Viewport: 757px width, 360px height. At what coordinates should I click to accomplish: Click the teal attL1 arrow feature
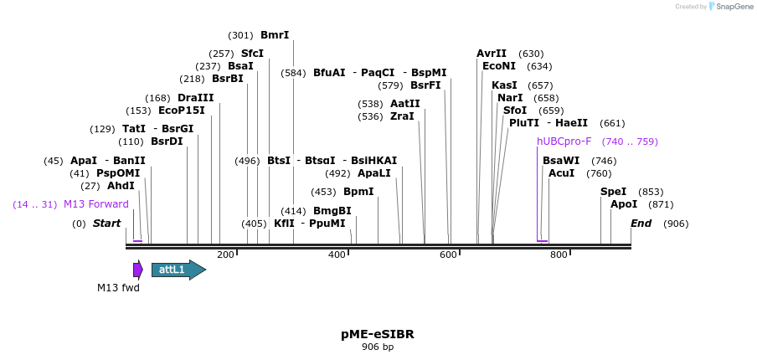tap(178, 270)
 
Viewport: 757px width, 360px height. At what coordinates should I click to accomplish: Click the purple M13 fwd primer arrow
tap(137, 270)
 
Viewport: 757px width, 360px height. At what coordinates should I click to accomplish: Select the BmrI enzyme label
tap(275, 35)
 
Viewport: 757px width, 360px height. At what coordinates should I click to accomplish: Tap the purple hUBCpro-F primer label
tap(564, 141)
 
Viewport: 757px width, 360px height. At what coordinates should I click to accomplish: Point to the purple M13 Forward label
tap(96, 204)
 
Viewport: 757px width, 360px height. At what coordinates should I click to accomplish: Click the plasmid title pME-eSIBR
tap(377, 334)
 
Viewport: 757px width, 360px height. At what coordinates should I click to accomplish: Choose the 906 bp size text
tap(377, 347)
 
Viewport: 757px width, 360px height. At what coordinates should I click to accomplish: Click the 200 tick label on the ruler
tap(225, 255)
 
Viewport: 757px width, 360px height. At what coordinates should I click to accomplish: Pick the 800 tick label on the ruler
tap(559, 255)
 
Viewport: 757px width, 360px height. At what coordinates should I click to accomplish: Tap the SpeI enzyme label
tap(613, 192)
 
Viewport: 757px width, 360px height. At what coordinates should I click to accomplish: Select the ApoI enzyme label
tap(624, 204)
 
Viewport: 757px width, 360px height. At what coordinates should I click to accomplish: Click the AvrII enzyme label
tap(492, 54)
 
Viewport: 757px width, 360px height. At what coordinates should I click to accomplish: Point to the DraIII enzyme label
tap(195, 98)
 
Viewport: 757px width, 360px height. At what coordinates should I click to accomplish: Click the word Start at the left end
tap(106, 224)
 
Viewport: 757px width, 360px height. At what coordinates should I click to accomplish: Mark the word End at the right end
tap(641, 224)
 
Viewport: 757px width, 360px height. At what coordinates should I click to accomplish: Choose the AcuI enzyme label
tap(561, 173)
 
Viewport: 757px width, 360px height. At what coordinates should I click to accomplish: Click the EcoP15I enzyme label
tap(182, 111)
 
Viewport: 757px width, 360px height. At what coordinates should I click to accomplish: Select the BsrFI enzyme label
tap(425, 85)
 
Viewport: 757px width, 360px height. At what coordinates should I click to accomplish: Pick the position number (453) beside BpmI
tap(323, 192)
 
